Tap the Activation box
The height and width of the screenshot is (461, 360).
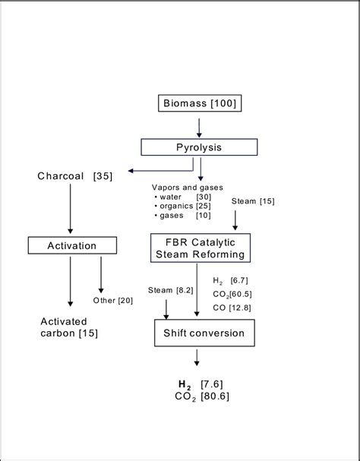pyautogui.click(x=72, y=245)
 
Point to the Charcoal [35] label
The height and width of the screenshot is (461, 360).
pyautogui.click(x=75, y=176)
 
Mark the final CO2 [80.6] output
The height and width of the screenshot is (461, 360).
pyautogui.click(x=201, y=396)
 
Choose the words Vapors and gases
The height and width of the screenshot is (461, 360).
pyautogui.click(x=183, y=187)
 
